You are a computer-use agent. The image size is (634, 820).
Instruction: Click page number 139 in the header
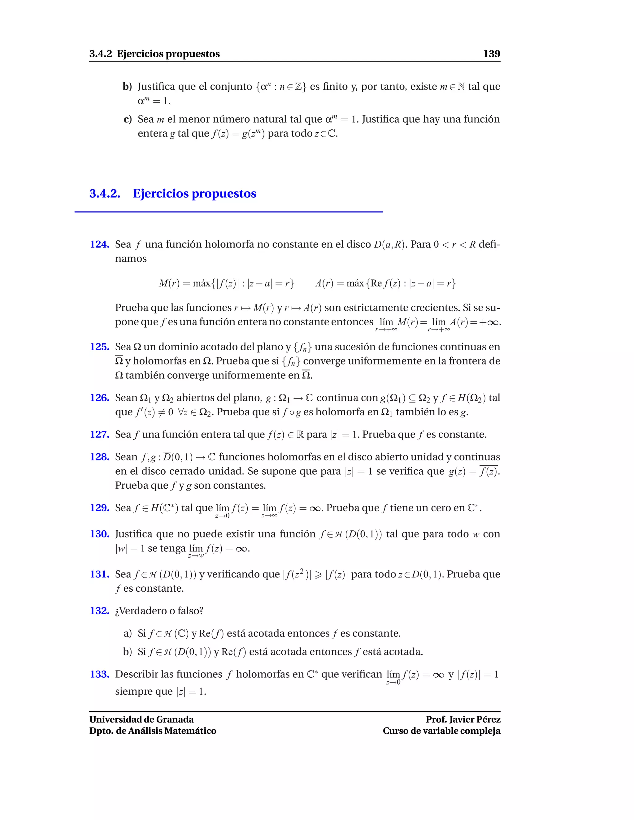(491, 54)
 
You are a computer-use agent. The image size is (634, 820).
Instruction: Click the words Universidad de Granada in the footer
(141, 719)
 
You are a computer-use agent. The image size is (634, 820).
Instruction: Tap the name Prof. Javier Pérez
(463, 719)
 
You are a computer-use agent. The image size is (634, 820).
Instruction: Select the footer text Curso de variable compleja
(441, 731)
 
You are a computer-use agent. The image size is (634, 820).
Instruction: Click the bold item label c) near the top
(128, 119)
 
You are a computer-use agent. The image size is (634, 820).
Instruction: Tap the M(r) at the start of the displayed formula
(169, 283)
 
